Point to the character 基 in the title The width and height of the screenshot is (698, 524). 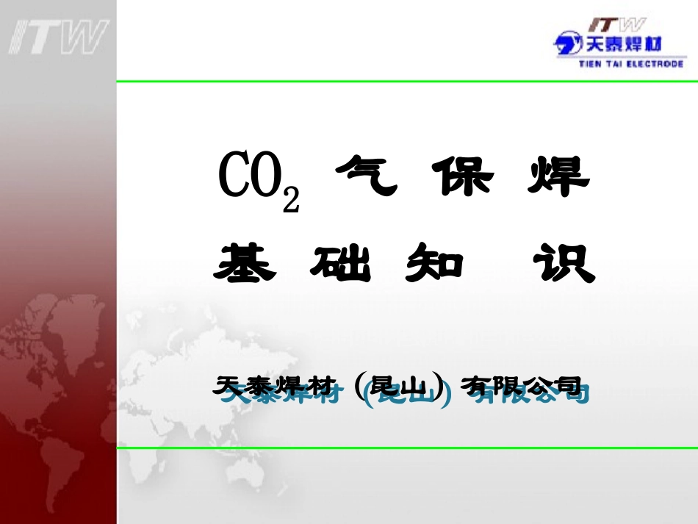pos(245,262)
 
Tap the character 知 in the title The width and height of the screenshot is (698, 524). pos(435,262)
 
